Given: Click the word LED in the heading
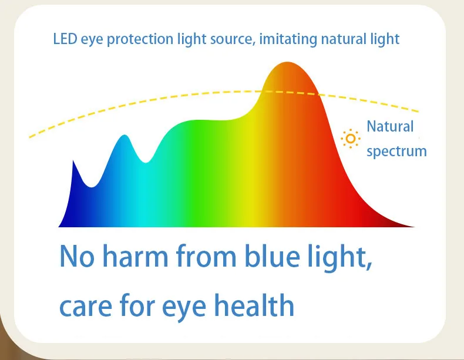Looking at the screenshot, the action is pos(65,39).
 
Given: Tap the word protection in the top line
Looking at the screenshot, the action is pos(140,39).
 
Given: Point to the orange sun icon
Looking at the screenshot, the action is pos(351,139).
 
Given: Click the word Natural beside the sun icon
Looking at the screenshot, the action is pos(390,127).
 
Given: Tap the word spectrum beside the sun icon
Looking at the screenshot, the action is pos(396,152).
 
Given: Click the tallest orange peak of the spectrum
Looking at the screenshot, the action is pos(287,63).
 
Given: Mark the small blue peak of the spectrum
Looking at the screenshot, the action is pos(125,136).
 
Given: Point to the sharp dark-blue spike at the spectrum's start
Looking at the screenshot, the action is pos(73,162).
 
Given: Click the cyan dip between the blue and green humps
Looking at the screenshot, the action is pos(146,162).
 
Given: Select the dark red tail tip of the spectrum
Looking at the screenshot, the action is pos(413,227).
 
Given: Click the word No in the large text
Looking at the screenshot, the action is pos(76,256).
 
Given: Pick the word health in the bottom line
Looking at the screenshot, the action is pos(254,305).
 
